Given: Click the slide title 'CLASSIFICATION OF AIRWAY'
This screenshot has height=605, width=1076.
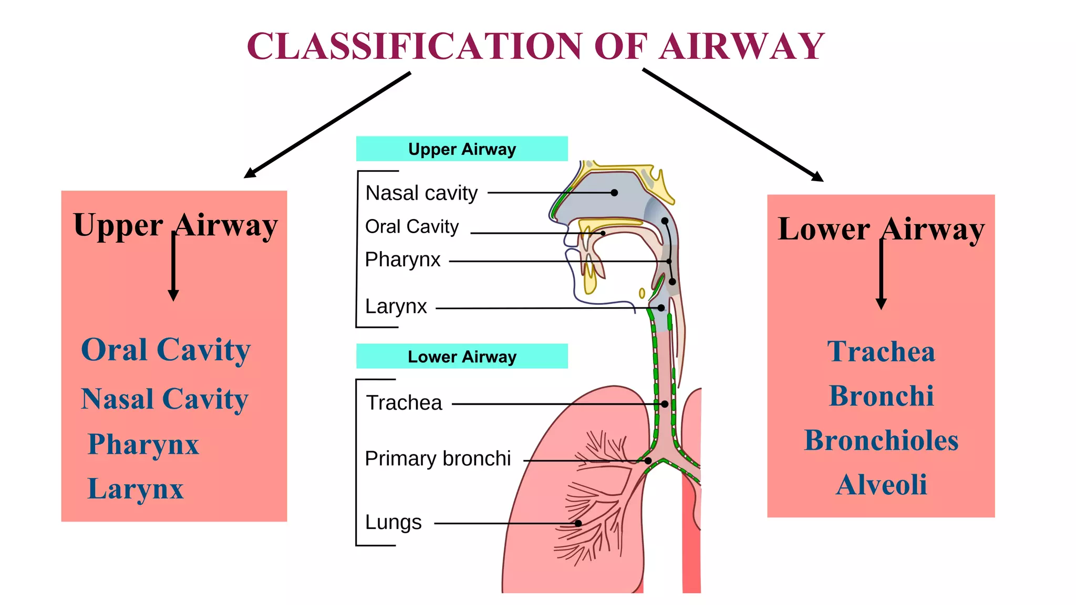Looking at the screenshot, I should click(x=535, y=46).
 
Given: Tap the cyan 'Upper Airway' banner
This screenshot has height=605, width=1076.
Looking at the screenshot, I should click(x=462, y=149).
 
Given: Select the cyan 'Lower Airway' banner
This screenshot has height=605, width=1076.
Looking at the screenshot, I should click(x=462, y=357).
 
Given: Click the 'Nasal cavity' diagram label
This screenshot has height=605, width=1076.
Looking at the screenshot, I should click(x=421, y=193).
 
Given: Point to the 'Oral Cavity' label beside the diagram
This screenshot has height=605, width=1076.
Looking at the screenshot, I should click(x=412, y=227).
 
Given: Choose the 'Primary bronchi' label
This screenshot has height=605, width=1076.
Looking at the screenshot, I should click(x=438, y=459).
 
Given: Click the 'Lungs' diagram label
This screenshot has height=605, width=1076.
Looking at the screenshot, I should click(x=393, y=523).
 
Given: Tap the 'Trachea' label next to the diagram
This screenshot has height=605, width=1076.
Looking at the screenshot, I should click(x=404, y=403).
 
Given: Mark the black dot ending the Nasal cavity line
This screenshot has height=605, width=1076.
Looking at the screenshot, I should click(x=614, y=193).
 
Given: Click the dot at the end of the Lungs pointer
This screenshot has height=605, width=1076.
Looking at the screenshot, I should click(x=578, y=523).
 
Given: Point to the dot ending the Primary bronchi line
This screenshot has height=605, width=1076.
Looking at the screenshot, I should click(x=648, y=461).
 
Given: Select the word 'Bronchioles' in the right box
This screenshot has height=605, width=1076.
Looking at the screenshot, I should click(x=881, y=441).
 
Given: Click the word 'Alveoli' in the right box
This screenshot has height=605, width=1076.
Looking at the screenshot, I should click(x=881, y=485).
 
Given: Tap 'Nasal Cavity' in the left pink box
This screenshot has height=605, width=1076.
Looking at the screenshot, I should click(x=164, y=399).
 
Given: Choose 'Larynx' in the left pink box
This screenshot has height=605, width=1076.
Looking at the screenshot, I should click(x=136, y=489).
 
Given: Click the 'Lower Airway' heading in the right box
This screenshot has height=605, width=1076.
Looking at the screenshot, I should click(x=881, y=230).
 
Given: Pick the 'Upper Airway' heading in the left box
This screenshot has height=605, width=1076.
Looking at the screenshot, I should click(x=175, y=226).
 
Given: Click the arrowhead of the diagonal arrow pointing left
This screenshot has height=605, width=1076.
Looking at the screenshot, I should click(x=248, y=175).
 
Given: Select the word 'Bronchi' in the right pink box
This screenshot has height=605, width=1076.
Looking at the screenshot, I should click(x=881, y=396).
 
